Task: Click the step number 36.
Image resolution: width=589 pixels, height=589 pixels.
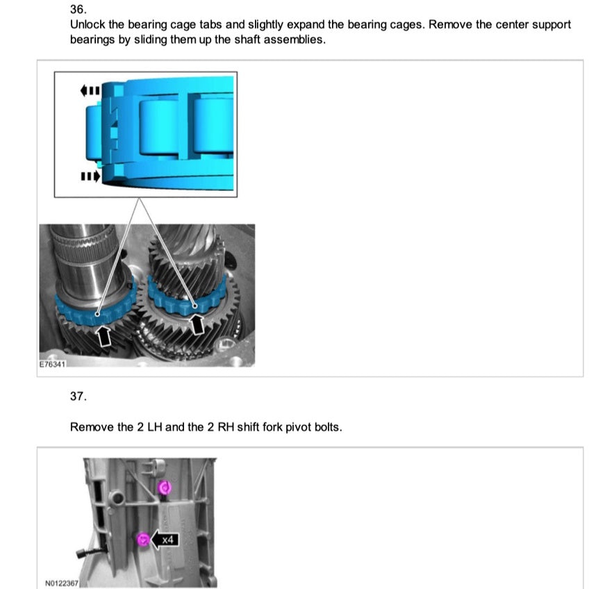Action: [x=78, y=10]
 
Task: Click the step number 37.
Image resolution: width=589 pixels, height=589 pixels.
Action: [x=78, y=396]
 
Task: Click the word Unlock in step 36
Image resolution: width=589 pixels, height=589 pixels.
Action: [x=88, y=25]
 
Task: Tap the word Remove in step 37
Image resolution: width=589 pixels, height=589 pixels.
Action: [x=92, y=427]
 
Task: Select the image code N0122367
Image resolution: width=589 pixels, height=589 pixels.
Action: [x=61, y=583]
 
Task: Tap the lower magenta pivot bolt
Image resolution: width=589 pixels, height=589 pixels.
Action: [x=142, y=540]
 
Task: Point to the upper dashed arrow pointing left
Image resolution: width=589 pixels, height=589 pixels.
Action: [x=91, y=90]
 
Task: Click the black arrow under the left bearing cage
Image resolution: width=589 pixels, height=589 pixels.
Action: [x=104, y=336]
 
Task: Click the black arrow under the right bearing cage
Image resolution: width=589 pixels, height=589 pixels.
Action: [x=198, y=323]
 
